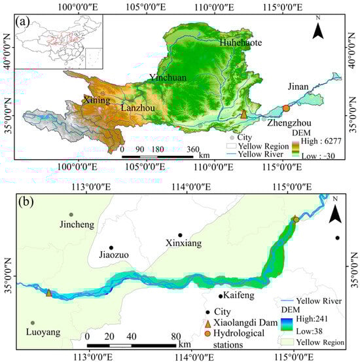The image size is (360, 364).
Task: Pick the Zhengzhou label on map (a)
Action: click(x=288, y=123)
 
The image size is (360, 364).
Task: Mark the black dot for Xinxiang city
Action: click(x=180, y=235)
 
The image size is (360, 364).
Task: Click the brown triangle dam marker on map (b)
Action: click(x=48, y=293)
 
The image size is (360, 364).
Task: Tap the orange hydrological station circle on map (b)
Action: click(x=296, y=220)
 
